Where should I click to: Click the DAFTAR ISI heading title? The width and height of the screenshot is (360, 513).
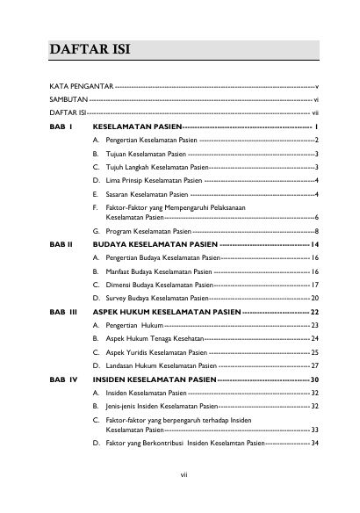point(89,48)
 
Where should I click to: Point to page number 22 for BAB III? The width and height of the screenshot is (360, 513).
point(314,312)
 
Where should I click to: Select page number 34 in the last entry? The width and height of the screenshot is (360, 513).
point(314,444)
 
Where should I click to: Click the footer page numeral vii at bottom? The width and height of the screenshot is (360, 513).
point(181,476)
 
